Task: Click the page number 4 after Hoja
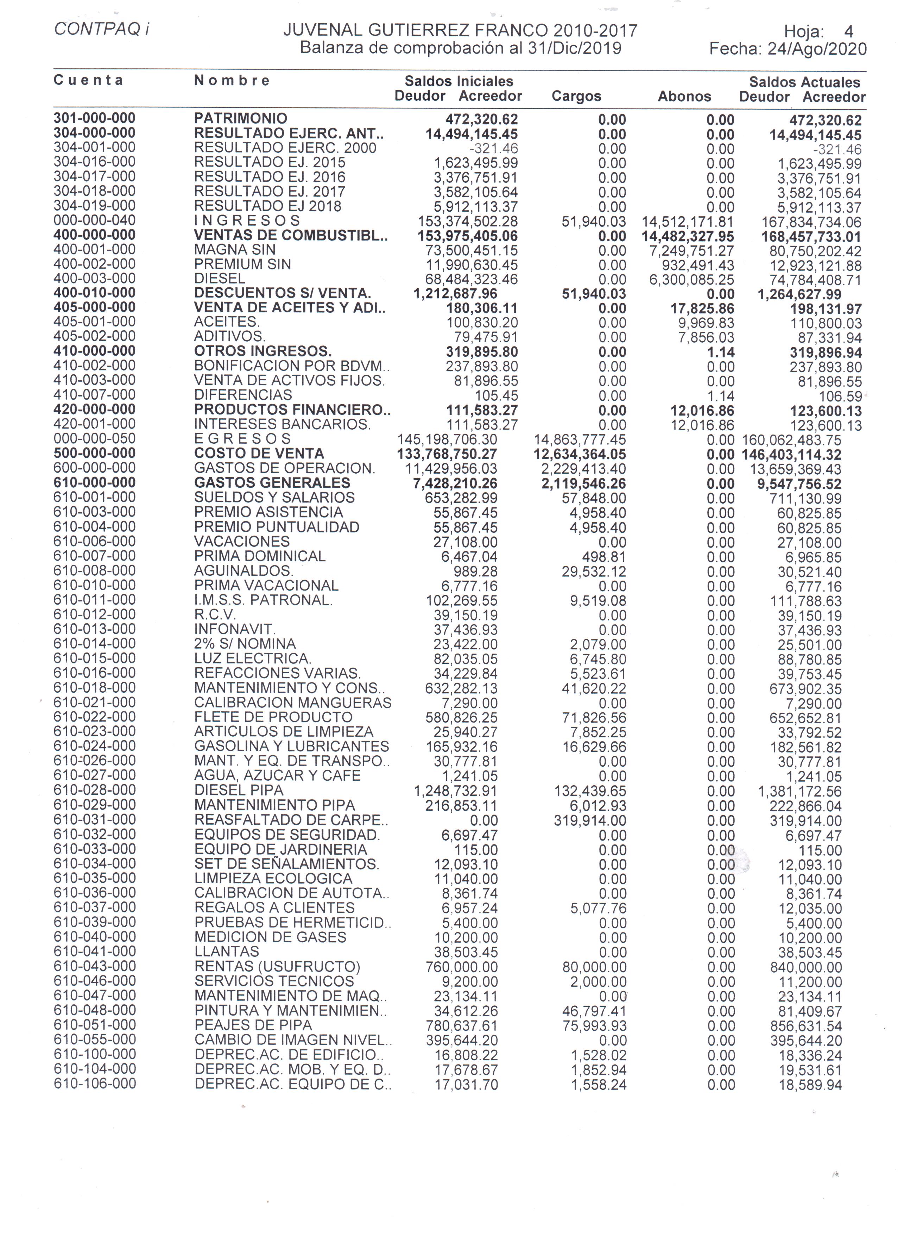click(x=848, y=32)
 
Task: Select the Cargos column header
click(x=576, y=96)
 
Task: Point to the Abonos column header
click(x=684, y=96)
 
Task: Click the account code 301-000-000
click(x=94, y=118)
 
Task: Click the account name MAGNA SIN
click(x=235, y=250)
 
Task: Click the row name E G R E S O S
click(x=242, y=439)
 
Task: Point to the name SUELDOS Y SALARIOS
click(x=274, y=498)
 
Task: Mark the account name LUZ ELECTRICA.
click(x=253, y=658)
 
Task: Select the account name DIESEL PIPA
click(x=239, y=790)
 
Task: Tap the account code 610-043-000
click(x=94, y=966)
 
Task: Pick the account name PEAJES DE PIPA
click(x=253, y=1025)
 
